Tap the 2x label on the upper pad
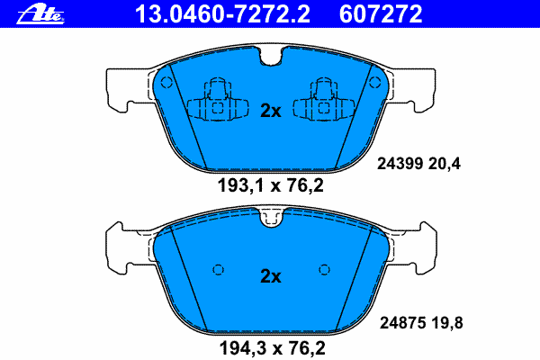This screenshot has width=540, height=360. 270,111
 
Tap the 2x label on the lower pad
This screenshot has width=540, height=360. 270,276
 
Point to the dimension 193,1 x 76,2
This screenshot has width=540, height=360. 270,186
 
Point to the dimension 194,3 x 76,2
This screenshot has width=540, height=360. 270,346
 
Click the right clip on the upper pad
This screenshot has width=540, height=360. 324,102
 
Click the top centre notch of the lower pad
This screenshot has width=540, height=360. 270,216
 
